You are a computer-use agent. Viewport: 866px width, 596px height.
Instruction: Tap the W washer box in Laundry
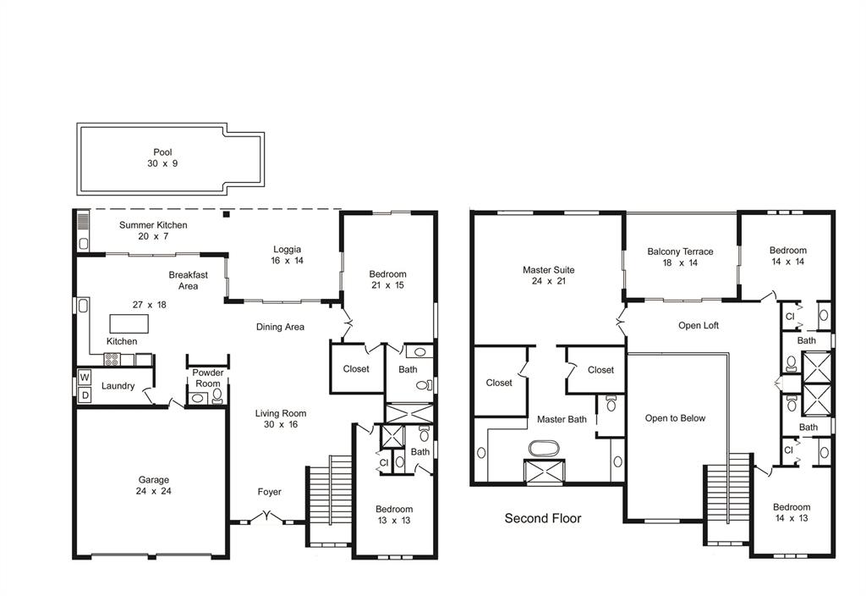click(x=84, y=378)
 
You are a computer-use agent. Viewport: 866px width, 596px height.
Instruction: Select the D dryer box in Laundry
click(x=85, y=395)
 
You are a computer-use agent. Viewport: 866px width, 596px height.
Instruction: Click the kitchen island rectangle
click(x=129, y=323)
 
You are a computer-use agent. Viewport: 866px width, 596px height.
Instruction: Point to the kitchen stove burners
click(x=112, y=359)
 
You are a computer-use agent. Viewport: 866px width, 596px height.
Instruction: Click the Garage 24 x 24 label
click(x=154, y=485)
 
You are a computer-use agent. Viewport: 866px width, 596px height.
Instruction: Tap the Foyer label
click(x=270, y=492)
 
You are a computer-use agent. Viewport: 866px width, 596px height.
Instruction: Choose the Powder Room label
click(x=208, y=378)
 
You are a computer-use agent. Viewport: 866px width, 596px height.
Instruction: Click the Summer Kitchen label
click(x=153, y=225)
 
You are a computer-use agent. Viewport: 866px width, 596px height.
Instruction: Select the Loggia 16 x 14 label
click(x=288, y=255)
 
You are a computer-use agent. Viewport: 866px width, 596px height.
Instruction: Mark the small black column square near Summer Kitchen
click(x=226, y=214)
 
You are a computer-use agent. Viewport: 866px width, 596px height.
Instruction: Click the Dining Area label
click(x=280, y=327)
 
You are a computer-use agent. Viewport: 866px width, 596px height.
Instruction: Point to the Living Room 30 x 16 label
click(x=281, y=418)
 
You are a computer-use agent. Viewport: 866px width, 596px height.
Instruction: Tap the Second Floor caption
click(x=543, y=518)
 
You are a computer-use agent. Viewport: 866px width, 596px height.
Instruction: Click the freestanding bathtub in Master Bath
click(x=544, y=448)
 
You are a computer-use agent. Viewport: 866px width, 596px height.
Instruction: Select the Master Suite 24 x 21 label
click(x=548, y=275)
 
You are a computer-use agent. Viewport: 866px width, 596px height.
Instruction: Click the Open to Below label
click(x=675, y=418)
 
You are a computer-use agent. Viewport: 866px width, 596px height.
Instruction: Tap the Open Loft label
click(x=699, y=326)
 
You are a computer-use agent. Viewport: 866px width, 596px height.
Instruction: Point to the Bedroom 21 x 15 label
click(x=387, y=279)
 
